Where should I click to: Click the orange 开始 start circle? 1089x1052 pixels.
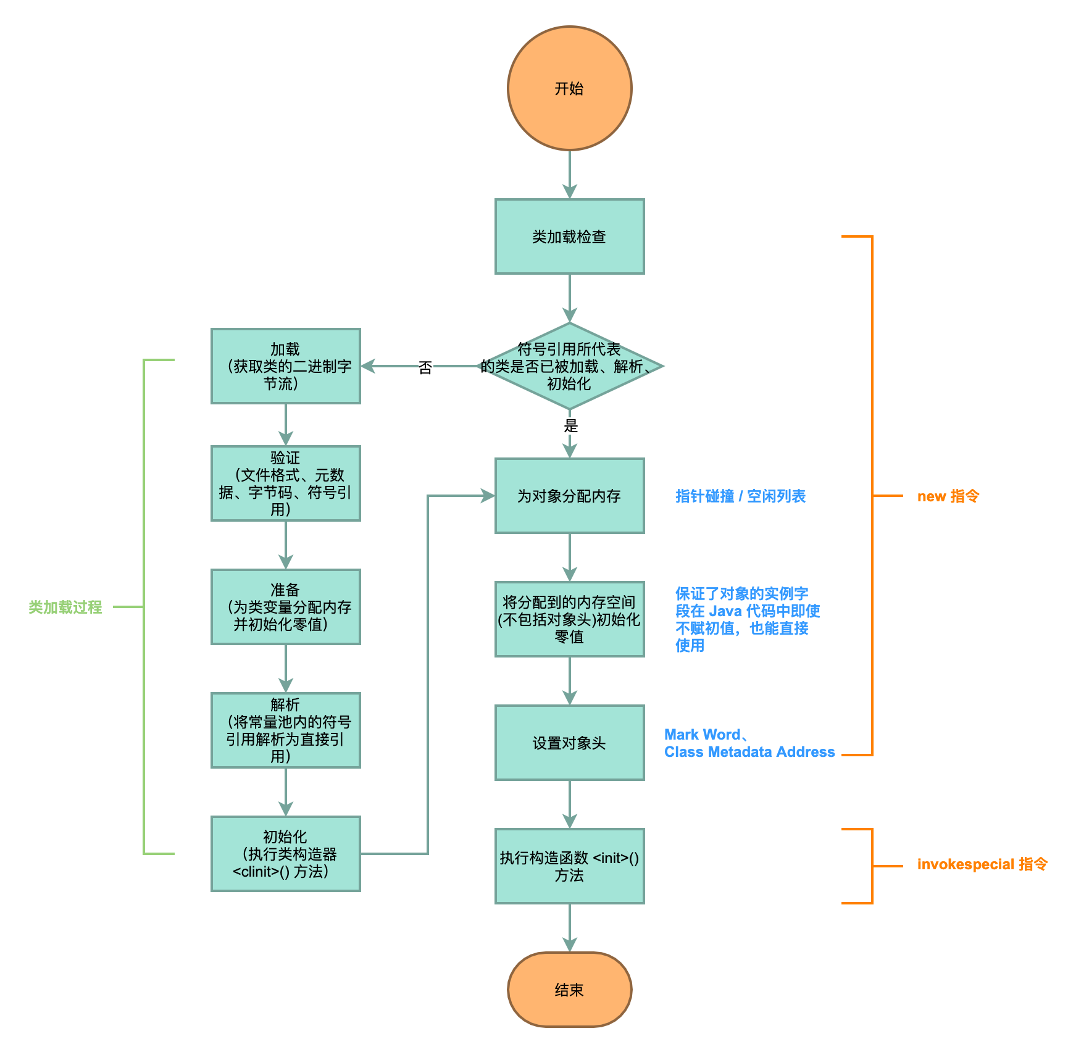tap(569, 88)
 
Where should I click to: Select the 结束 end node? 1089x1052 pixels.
tap(569, 990)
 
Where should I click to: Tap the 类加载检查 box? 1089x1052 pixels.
tap(569, 236)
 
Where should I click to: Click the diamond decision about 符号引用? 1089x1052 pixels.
tap(569, 366)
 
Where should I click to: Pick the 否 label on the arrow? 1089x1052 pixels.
tap(425, 368)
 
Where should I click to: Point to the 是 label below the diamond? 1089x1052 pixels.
tap(570, 425)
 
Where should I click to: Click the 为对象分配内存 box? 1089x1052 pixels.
tap(569, 496)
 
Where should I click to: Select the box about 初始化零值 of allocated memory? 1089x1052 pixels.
tap(569, 619)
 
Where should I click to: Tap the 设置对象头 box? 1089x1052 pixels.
tap(569, 743)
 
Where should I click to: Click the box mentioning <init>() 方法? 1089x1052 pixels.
tap(569, 866)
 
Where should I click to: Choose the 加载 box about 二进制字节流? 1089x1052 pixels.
tap(285, 366)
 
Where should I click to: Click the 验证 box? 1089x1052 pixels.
tap(285, 483)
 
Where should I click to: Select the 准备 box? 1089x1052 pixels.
tap(285, 607)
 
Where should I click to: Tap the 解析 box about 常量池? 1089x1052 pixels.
tap(285, 730)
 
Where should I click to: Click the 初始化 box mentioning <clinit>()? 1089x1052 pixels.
tap(285, 854)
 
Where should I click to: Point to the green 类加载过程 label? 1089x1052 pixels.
tap(65, 607)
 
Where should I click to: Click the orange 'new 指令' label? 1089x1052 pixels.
tap(948, 496)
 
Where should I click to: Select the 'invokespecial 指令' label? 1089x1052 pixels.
tap(982, 864)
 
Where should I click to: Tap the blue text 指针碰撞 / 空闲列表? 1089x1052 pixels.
tap(740, 496)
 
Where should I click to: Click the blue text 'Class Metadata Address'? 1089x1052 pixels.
tap(749, 752)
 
